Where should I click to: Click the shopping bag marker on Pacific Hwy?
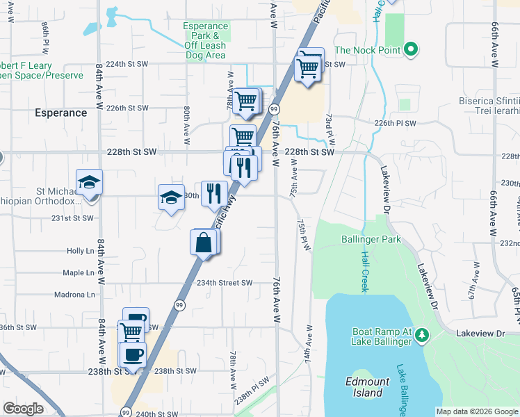tap(203, 244)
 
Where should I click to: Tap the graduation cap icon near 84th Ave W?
tap(89, 183)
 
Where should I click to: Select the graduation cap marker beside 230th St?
tap(171, 198)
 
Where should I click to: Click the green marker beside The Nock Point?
tap(410, 49)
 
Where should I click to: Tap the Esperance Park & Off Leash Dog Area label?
tap(205, 40)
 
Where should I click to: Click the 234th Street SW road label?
tap(225, 283)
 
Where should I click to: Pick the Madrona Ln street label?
tap(74, 295)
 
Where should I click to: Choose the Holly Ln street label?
tap(80, 251)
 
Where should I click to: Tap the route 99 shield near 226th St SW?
tap(275, 110)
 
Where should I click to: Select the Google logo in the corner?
tap(23, 409)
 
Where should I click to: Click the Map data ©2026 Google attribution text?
tap(477, 411)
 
